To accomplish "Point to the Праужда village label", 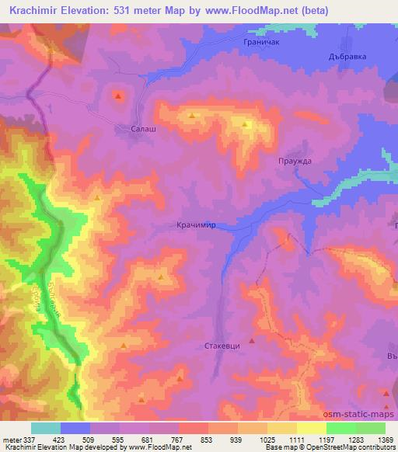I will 294,161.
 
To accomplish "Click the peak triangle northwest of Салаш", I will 117,96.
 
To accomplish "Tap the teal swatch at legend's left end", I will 46,428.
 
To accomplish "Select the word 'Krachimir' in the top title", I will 33,11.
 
